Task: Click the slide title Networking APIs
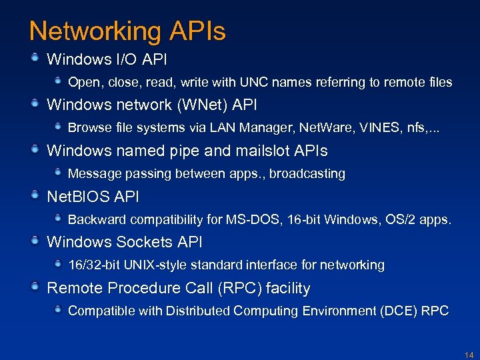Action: (127, 31)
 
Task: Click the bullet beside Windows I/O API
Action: (35, 59)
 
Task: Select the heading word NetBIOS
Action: (77, 197)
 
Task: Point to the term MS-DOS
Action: (248, 219)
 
